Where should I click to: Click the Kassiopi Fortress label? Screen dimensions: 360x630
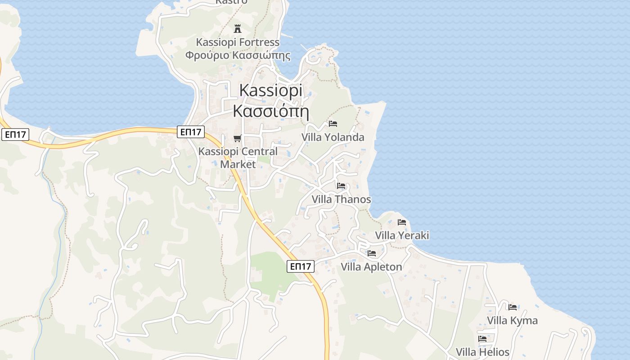pyautogui.click(x=238, y=42)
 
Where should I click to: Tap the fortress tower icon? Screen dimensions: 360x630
pyautogui.click(x=238, y=29)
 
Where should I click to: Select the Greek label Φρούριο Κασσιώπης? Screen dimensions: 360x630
pyautogui.click(x=238, y=55)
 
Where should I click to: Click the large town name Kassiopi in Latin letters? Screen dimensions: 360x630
pyautogui.click(x=271, y=91)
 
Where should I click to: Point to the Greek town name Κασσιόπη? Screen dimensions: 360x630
pyautogui.click(x=271, y=110)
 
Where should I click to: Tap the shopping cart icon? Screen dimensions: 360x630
pyautogui.click(x=238, y=138)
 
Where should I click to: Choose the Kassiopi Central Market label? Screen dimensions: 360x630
pyautogui.click(x=238, y=157)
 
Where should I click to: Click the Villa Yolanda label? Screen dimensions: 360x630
pyautogui.click(x=333, y=137)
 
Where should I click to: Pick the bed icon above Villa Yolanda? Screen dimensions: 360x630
pyautogui.click(x=333, y=123)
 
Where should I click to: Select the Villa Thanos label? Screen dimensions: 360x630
pyautogui.click(x=342, y=199)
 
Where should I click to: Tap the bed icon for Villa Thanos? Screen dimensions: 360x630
pyautogui.click(x=341, y=185)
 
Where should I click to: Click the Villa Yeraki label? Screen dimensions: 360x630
pyautogui.click(x=402, y=235)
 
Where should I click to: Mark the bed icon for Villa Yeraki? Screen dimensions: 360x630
pyautogui.click(x=402, y=222)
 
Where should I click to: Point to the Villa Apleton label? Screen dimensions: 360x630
pyautogui.click(x=371, y=267)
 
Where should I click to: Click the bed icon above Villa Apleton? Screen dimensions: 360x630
pyautogui.click(x=372, y=253)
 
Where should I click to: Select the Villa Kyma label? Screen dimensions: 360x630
pyautogui.click(x=512, y=320)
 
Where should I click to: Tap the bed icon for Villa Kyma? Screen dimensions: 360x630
pyautogui.click(x=513, y=307)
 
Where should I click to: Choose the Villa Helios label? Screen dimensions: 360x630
pyautogui.click(x=482, y=352)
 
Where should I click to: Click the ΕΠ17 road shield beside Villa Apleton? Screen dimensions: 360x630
pyautogui.click(x=301, y=266)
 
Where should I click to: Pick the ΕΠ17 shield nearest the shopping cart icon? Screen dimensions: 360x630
pyautogui.click(x=191, y=132)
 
